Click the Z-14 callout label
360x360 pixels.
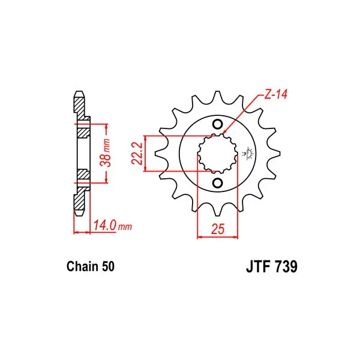point(275,94)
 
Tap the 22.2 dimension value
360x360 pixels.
point(137,154)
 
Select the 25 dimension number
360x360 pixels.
point(218,229)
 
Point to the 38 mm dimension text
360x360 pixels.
point(106,152)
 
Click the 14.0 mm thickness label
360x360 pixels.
point(113,225)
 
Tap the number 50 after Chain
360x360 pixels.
point(108,266)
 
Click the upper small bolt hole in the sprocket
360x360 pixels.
point(217,124)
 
